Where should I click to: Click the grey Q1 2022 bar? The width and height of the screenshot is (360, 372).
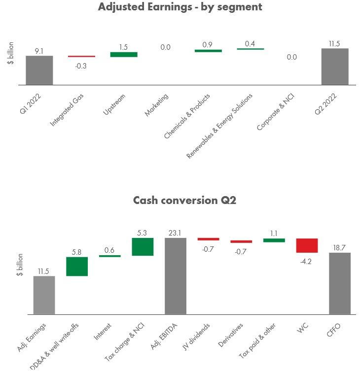tap(39, 70)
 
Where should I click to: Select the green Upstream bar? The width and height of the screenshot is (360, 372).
tap(124, 54)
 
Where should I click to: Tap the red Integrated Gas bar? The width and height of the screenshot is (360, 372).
tap(81, 57)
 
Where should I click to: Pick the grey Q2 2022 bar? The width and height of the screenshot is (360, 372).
tap(335, 67)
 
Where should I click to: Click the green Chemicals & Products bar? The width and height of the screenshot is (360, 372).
tap(208, 50)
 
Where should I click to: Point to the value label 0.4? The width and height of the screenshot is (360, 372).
tap(250, 44)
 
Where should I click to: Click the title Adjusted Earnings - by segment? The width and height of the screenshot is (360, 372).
tap(180, 7)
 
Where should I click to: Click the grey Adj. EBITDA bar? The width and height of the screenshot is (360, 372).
tap(176, 276)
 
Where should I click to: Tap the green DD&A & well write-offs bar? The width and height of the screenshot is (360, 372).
tap(77, 266)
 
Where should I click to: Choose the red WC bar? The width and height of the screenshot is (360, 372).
tap(307, 245)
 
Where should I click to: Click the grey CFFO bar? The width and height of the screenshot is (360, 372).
tap(340, 283)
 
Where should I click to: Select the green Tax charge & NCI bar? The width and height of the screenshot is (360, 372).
tap(143, 247)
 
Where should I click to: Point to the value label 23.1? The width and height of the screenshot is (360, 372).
tap(176, 233)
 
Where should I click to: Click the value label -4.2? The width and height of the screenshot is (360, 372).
tap(307, 262)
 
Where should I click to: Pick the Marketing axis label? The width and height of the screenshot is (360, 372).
tap(157, 105)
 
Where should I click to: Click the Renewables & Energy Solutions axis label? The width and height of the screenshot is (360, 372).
tap(220, 126)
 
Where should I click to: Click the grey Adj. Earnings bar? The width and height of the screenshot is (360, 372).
tap(44, 295)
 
